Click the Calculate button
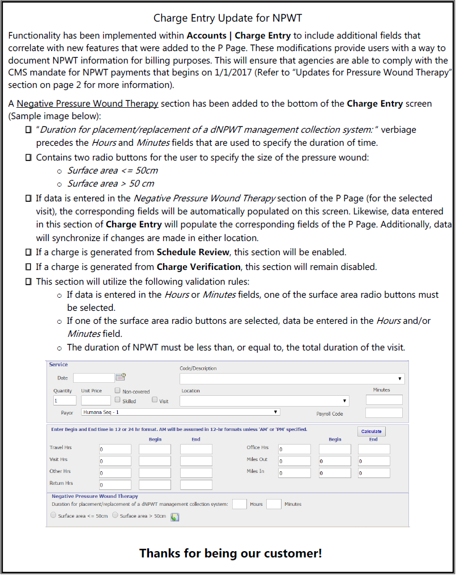pyautogui.click(x=371, y=432)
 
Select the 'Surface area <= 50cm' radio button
pyautogui.click(x=54, y=515)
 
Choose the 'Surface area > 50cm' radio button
pyautogui.click(x=115, y=515)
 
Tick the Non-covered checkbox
pyautogui.click(x=117, y=391)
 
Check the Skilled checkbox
pyautogui.click(x=117, y=400)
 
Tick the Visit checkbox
pyautogui.click(x=155, y=400)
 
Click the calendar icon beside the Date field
pyautogui.click(x=120, y=377)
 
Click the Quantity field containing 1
pyautogui.click(x=65, y=400)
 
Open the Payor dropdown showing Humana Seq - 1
pyautogui.click(x=180, y=412)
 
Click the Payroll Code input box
pyautogui.click(x=383, y=413)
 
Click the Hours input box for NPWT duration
pyautogui.click(x=240, y=504)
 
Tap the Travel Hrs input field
pyautogui.click(x=114, y=449)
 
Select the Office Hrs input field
pyautogui.click(x=294, y=449)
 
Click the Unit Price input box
pyautogui.click(x=96, y=400)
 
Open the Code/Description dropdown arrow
pyautogui.click(x=400, y=379)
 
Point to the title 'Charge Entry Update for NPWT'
pyautogui.click(x=227, y=18)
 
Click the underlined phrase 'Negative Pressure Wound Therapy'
pyautogui.click(x=87, y=104)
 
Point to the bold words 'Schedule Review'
pyautogui.click(x=193, y=252)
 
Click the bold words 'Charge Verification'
pyautogui.click(x=199, y=267)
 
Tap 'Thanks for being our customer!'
pyautogui.click(x=231, y=553)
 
